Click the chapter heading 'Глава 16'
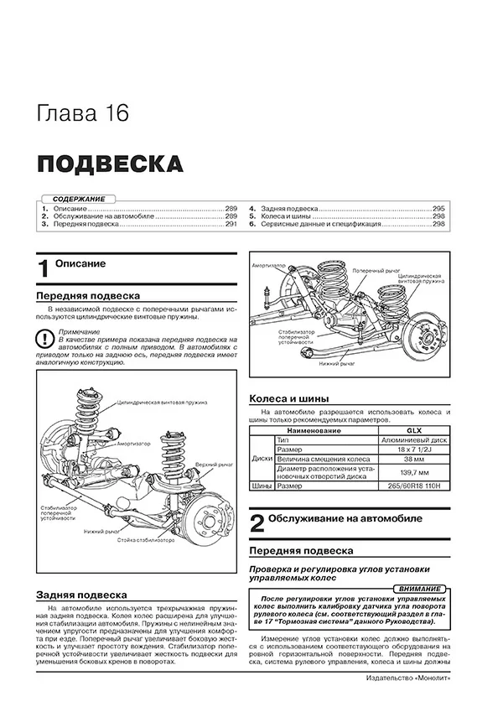coord(84,113)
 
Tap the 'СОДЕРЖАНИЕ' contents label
coord(72,197)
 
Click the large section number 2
coord(257,524)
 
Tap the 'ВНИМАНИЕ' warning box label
coord(421,590)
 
